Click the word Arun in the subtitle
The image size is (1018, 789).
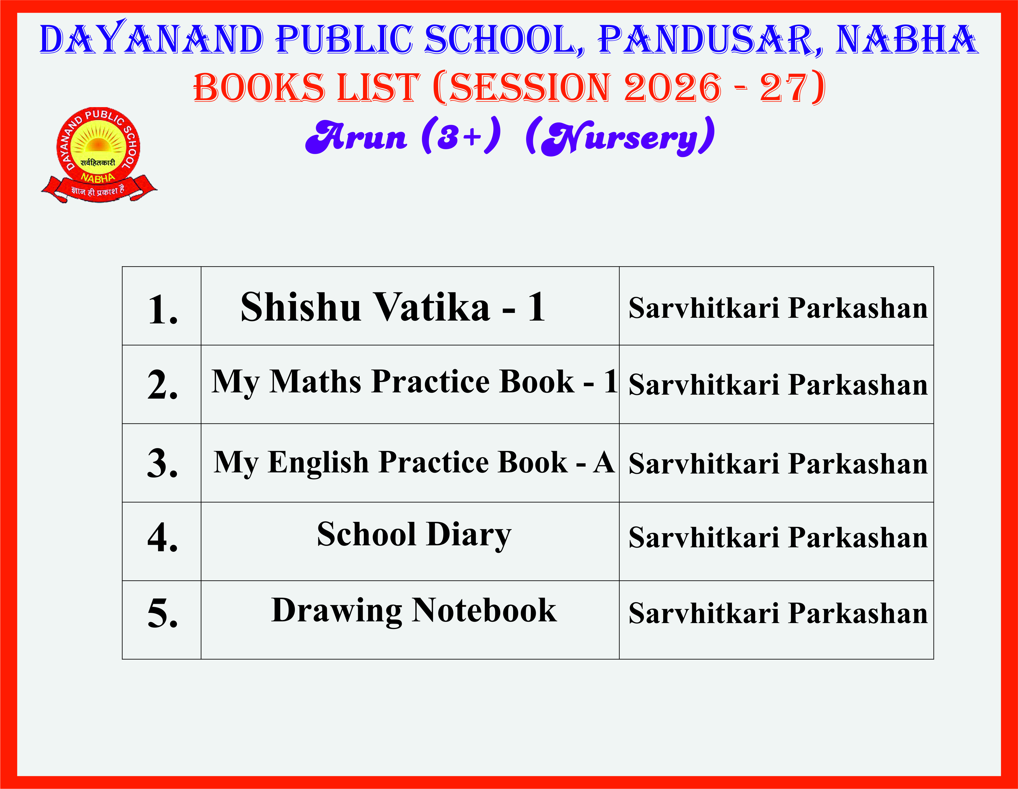click(x=356, y=136)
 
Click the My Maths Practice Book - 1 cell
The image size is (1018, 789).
click(x=410, y=384)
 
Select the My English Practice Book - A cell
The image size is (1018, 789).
click(x=410, y=463)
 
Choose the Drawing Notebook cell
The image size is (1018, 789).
click(x=410, y=620)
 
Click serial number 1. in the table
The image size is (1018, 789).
click(x=163, y=309)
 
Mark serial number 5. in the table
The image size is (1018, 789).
click(x=163, y=613)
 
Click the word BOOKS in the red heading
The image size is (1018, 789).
click(x=259, y=88)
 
